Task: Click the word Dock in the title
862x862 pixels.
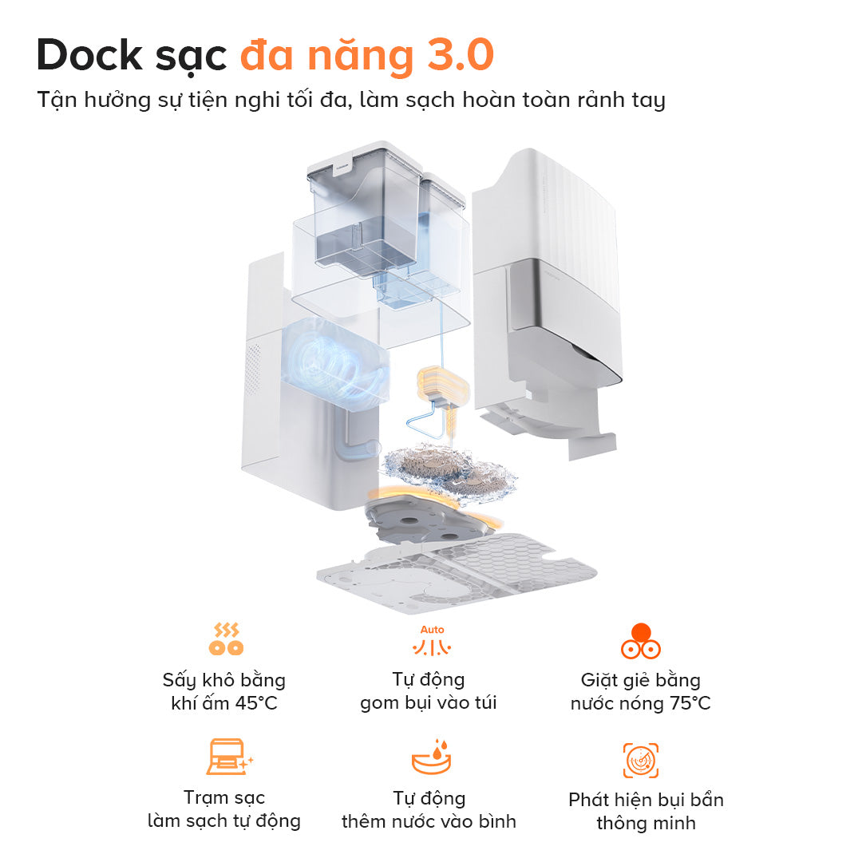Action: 89,56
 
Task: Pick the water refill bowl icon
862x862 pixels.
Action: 432,758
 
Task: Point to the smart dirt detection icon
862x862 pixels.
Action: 640,760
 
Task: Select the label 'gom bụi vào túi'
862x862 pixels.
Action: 428,703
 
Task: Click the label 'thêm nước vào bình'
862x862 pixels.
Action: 428,821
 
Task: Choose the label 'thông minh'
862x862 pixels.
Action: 646,823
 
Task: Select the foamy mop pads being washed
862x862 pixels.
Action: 447,471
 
